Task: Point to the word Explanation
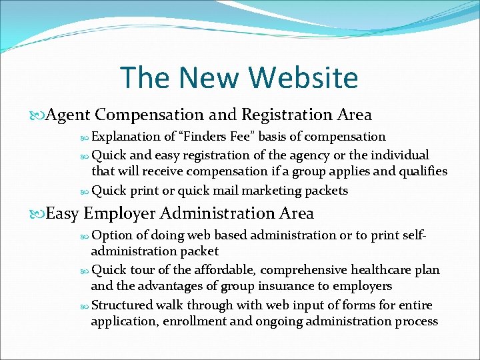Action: coord(126,137)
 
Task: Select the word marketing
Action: coord(269,191)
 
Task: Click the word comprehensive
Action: coord(305,269)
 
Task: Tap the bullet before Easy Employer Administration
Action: coord(39,214)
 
